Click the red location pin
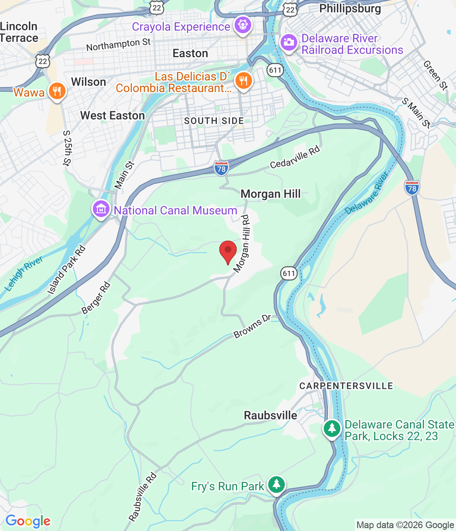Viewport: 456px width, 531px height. pyautogui.click(x=228, y=251)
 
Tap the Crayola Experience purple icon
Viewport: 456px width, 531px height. pyautogui.click(x=243, y=25)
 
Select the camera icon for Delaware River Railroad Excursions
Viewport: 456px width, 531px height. pyautogui.click(x=289, y=43)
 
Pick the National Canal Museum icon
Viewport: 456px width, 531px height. pyautogui.click(x=101, y=209)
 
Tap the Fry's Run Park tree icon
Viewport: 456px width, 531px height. pyautogui.click(x=276, y=485)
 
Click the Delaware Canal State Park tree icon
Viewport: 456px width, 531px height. pyautogui.click(x=332, y=429)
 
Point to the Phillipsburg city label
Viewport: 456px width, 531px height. pyautogui.click(x=350, y=9)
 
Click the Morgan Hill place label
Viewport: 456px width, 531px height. pyautogui.click(x=271, y=194)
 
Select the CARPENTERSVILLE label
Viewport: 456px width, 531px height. pyautogui.click(x=346, y=386)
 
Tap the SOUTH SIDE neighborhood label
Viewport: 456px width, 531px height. pyautogui.click(x=214, y=121)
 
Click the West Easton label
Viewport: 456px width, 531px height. pyautogui.click(x=112, y=115)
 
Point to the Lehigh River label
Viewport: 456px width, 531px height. pyautogui.click(x=24, y=274)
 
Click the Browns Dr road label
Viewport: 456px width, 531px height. pyautogui.click(x=252, y=326)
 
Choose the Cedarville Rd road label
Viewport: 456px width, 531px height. pyautogui.click(x=295, y=157)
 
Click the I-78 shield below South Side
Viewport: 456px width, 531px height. pyautogui.click(x=221, y=168)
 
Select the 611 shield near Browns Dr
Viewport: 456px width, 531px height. pyautogui.click(x=289, y=273)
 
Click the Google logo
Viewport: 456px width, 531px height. pyautogui.click(x=28, y=521)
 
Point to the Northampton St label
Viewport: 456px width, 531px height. pyautogui.click(x=119, y=44)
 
